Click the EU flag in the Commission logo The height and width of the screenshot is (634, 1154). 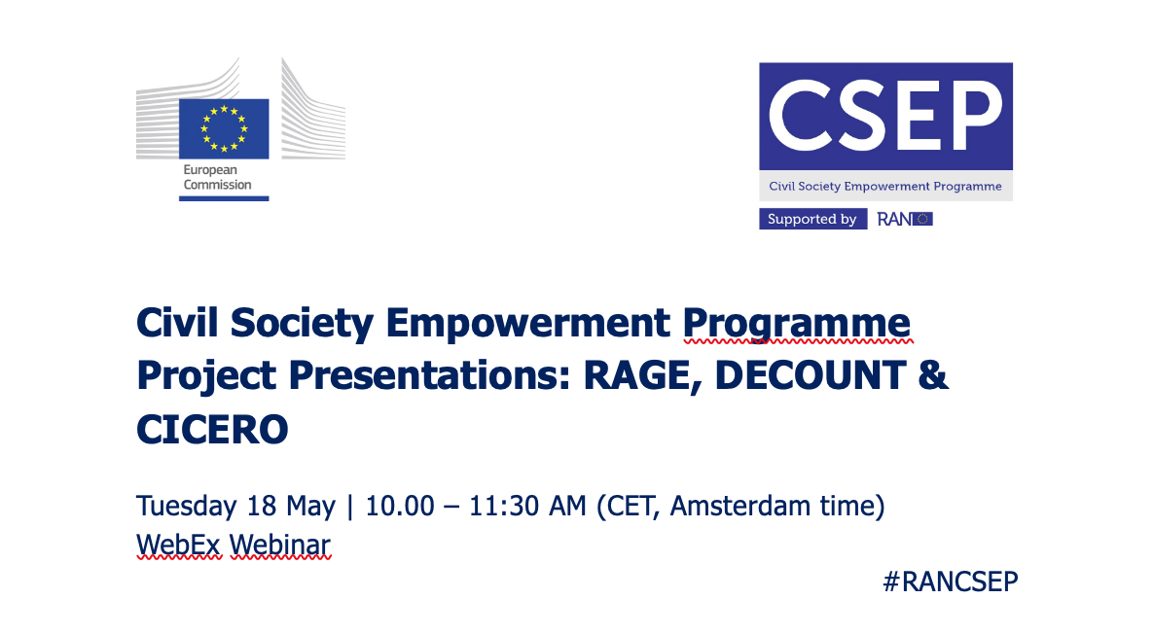tap(223, 127)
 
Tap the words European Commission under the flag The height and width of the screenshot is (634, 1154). tap(217, 177)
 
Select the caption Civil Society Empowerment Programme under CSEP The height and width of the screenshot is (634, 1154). tap(884, 186)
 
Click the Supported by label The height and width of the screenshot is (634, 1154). tap(811, 219)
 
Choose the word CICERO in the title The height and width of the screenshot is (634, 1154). tap(212, 429)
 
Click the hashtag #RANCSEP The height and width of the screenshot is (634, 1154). tap(950, 581)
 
